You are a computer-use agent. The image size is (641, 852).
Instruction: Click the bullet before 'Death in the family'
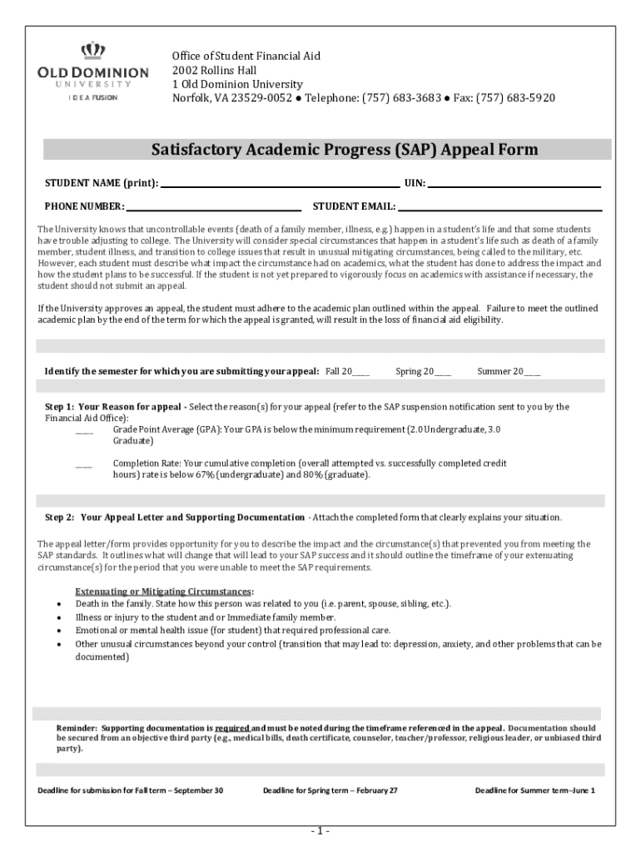click(x=58, y=604)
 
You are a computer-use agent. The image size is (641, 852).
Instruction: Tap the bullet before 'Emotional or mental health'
click(x=58, y=631)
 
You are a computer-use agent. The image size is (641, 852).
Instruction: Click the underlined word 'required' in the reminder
click(x=232, y=726)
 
